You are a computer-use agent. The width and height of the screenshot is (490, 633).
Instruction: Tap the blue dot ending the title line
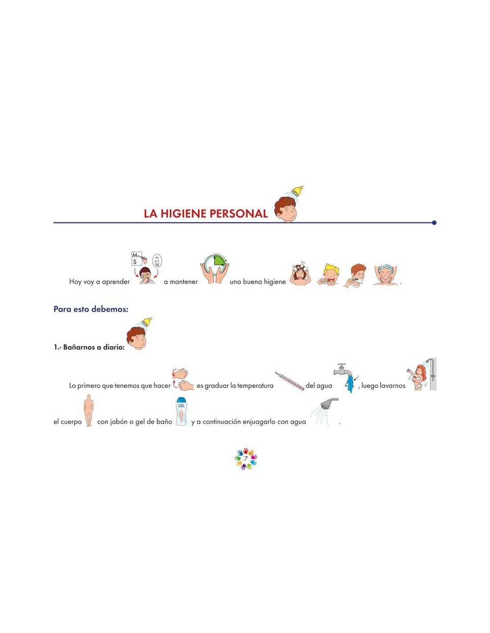pos(434,223)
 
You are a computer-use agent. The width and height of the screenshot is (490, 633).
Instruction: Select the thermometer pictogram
pos(289,381)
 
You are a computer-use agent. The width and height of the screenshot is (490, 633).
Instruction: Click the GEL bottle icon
pos(181,412)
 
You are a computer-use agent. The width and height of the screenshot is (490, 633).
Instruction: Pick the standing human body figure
pos(89,410)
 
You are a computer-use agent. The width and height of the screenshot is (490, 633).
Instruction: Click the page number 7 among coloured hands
pos(245,459)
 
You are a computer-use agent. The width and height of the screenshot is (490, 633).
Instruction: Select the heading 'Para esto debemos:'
pos(91,309)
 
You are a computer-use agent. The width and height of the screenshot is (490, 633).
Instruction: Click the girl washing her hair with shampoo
pos(300,275)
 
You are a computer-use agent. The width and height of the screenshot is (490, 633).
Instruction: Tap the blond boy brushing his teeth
pos(329,275)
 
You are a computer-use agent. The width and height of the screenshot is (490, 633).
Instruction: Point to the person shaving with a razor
pos(355,276)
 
